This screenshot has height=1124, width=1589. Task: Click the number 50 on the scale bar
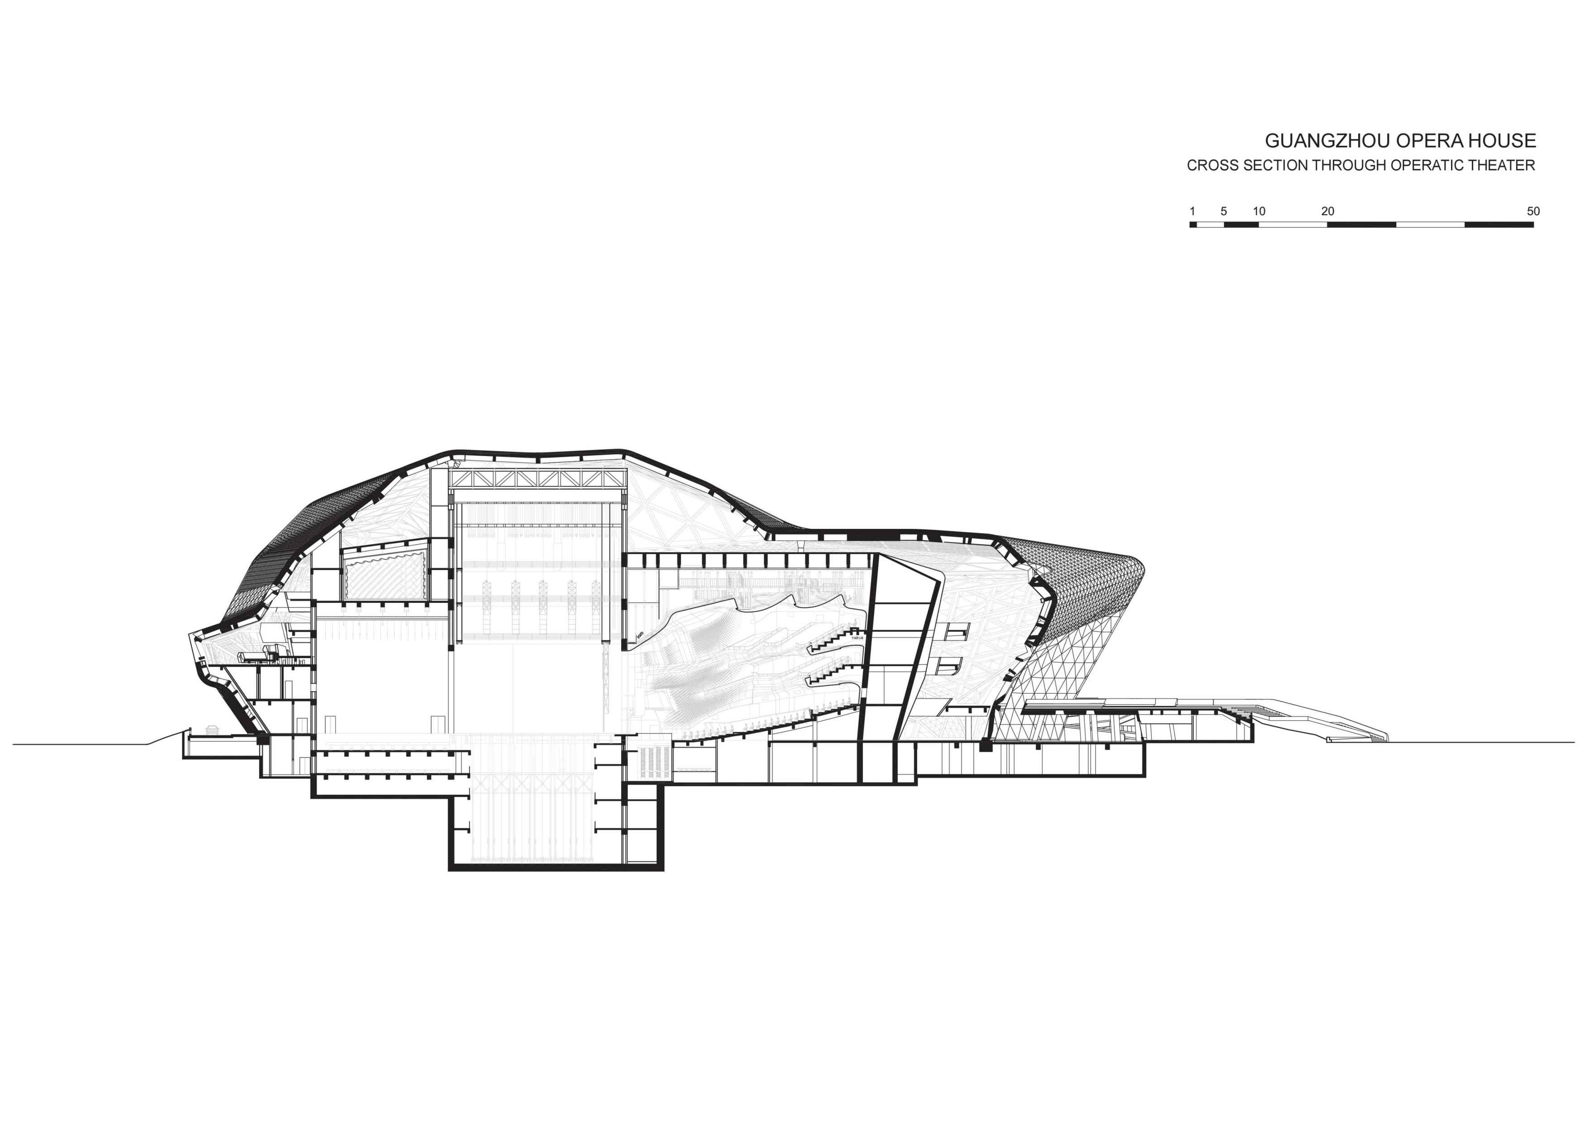click(1533, 211)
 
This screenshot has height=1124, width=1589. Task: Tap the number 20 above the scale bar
click(1327, 211)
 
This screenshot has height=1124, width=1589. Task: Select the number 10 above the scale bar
click(1259, 211)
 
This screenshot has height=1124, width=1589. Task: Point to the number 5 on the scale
click(1224, 211)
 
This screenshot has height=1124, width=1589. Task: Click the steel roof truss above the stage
click(538, 480)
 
